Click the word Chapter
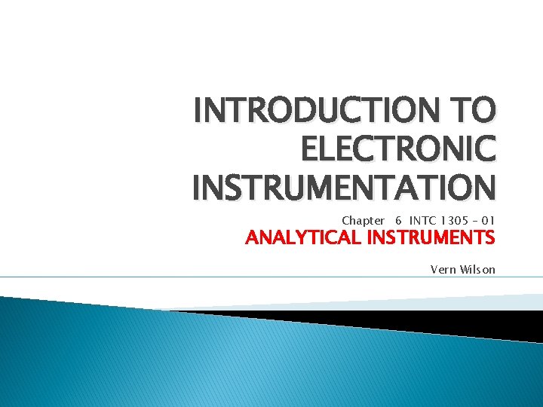(363, 221)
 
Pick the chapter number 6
(397, 221)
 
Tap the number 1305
(451, 221)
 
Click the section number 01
(488, 221)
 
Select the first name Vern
(443, 269)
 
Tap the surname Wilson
(478, 269)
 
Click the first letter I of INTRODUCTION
(198, 113)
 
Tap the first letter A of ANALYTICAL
(253, 240)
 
